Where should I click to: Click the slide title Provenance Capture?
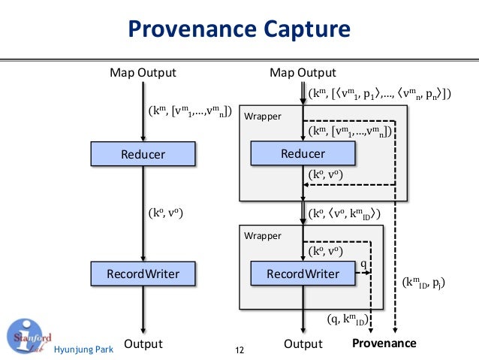click(239, 30)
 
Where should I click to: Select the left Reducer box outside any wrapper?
click(143, 155)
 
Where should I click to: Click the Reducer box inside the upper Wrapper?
click(303, 154)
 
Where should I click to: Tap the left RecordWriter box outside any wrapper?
click(143, 274)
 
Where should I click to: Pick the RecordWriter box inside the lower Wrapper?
click(303, 274)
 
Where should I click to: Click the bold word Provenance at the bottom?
click(384, 343)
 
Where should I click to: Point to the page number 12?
click(240, 350)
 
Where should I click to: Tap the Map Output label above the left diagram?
click(143, 73)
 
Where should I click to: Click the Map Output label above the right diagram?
click(303, 73)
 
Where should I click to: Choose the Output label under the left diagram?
click(143, 344)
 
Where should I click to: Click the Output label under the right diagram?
click(303, 344)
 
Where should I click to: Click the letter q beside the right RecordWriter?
click(363, 264)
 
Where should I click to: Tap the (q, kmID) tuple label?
click(346, 320)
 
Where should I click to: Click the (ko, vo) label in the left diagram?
click(165, 213)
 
